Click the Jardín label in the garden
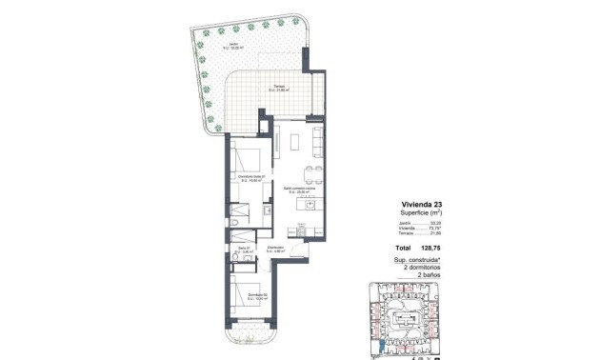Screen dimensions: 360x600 click(x=233, y=45)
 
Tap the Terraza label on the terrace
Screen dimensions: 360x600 click(x=277, y=89)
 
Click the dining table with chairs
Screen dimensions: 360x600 click(x=310, y=173)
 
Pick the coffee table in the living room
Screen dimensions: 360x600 click(x=295, y=143)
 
